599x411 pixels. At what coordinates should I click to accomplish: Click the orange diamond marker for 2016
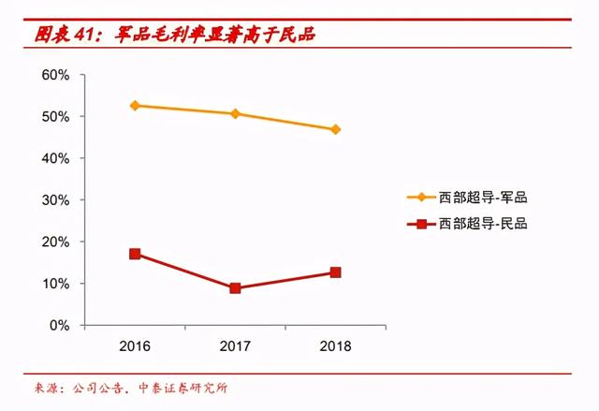[x=135, y=106]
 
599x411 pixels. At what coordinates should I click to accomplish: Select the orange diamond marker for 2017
[x=235, y=114]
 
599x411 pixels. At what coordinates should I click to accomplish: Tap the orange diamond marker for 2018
[x=335, y=129]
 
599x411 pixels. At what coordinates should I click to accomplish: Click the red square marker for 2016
[x=135, y=254]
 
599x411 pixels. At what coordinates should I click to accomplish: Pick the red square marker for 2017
[x=235, y=288]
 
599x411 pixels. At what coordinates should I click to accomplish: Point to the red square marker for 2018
[x=335, y=272]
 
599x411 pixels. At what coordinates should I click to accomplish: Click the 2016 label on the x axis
[x=135, y=346]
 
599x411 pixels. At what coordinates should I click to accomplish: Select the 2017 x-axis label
[x=235, y=346]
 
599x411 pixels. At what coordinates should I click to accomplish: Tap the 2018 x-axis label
[x=335, y=346]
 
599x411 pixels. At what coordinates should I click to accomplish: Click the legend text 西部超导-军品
[x=484, y=198]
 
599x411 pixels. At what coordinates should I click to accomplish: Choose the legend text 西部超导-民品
[x=484, y=224]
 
